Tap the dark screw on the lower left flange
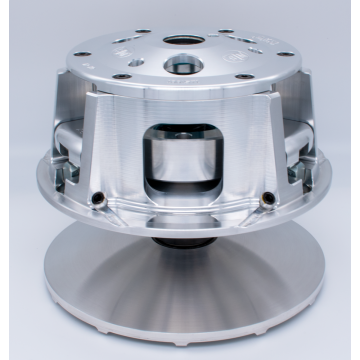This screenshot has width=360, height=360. pyautogui.click(x=101, y=195)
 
